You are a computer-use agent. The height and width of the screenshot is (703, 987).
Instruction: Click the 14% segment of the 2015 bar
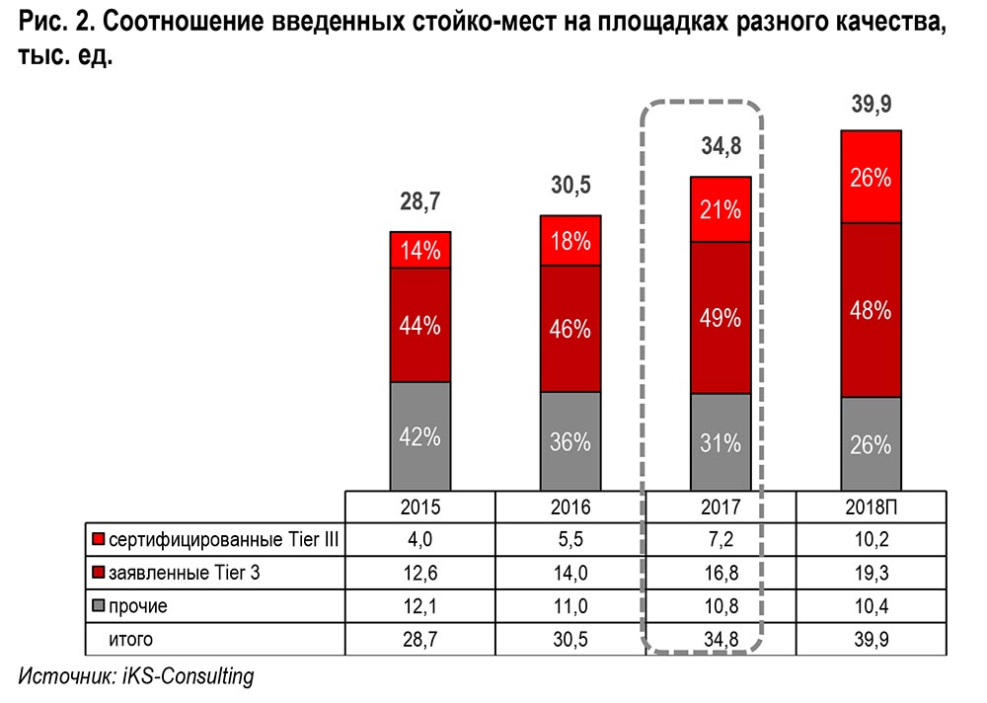click(419, 250)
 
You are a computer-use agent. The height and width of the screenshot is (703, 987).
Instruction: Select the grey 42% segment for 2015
click(419, 435)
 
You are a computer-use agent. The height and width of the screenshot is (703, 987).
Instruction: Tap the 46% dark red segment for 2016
click(570, 328)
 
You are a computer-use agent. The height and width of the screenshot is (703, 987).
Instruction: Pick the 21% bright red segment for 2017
click(721, 210)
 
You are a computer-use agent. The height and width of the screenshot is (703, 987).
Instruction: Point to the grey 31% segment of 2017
click(721, 442)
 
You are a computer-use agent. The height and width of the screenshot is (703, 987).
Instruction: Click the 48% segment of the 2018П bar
click(871, 310)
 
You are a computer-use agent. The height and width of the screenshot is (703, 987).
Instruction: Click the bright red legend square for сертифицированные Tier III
click(98, 540)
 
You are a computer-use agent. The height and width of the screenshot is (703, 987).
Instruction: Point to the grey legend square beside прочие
click(98, 606)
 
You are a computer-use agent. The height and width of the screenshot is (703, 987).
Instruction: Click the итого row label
click(130, 640)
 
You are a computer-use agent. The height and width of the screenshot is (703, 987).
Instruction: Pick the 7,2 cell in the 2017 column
click(721, 540)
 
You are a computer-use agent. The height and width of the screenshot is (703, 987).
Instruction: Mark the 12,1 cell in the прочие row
click(419, 606)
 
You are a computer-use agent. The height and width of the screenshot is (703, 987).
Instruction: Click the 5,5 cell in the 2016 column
click(570, 540)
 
